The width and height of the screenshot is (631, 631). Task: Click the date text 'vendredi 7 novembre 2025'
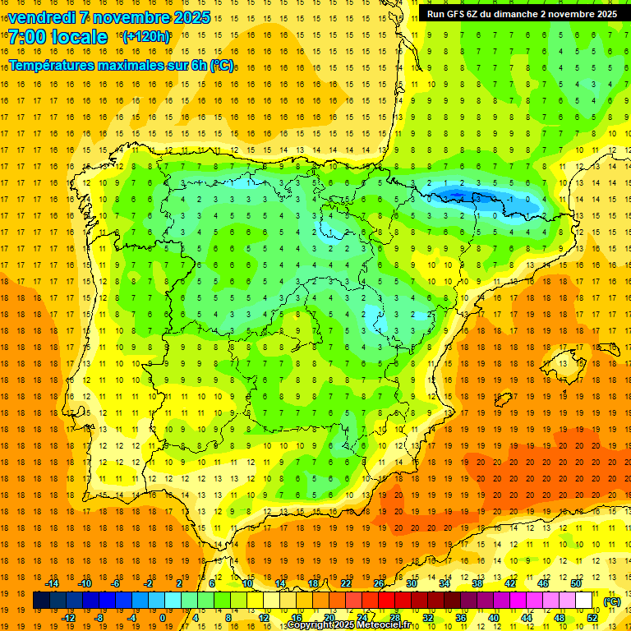click(109, 17)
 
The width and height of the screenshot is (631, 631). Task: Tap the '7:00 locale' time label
click(58, 37)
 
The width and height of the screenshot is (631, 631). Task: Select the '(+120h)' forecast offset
click(146, 37)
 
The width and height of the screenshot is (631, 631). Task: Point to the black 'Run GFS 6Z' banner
click(522, 14)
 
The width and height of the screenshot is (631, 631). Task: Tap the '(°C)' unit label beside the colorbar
click(611, 601)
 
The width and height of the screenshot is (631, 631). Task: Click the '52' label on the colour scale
click(592, 617)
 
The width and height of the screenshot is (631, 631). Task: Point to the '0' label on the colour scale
click(163, 617)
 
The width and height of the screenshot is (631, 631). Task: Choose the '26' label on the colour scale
click(379, 583)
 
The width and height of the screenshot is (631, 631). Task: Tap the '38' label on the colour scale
click(477, 583)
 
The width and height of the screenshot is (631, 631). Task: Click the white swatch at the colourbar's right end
click(584, 601)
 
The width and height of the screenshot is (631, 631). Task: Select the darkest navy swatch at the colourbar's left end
click(42, 601)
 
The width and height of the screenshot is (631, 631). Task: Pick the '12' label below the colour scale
click(263, 617)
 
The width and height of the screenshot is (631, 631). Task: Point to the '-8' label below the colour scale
click(99, 617)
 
